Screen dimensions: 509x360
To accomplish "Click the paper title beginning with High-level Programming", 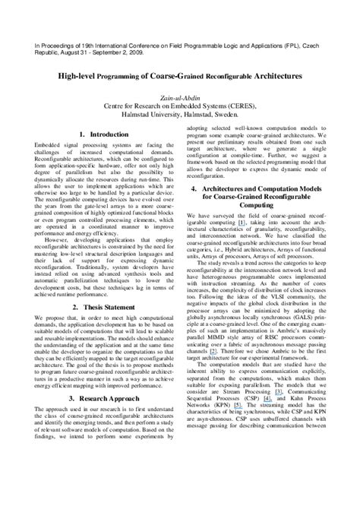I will pos(179,77).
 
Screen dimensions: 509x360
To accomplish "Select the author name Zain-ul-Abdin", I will pos(180,98).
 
